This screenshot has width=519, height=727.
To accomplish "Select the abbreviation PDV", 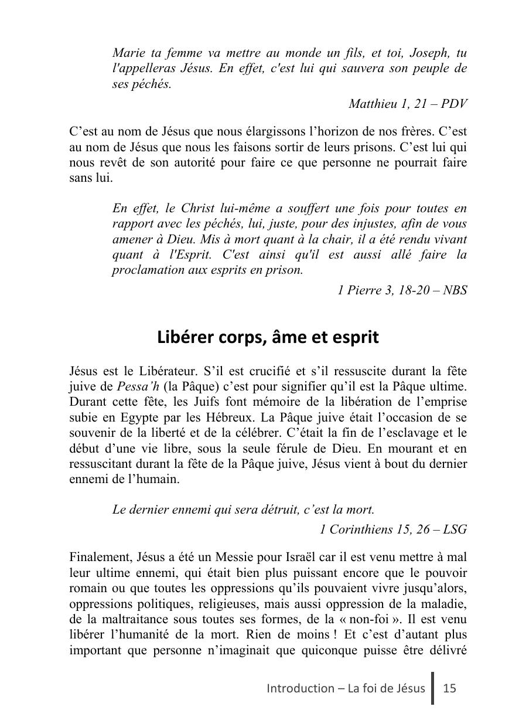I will coord(455,104).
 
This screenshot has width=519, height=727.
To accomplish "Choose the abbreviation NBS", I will coord(454,290).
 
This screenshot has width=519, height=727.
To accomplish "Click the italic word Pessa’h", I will coord(136,387).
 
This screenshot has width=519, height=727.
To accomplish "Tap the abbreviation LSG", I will coord(455,529).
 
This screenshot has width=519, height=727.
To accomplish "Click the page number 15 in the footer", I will coord(449,688).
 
